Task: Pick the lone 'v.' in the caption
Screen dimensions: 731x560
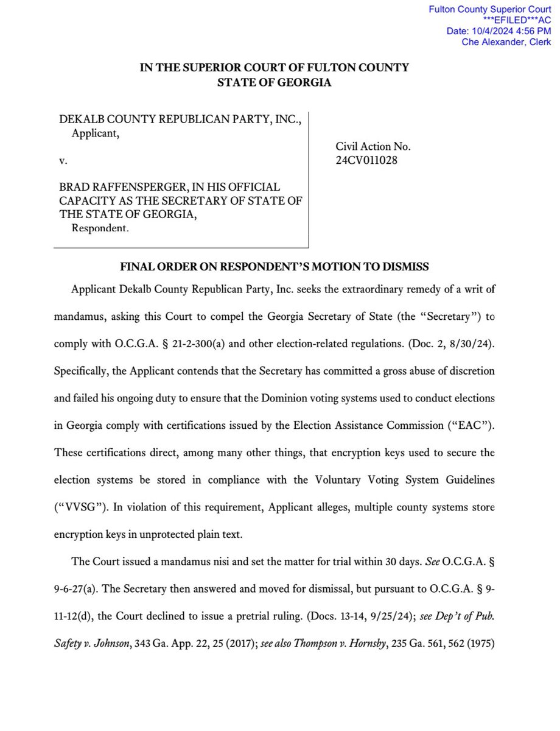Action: point(63,161)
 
